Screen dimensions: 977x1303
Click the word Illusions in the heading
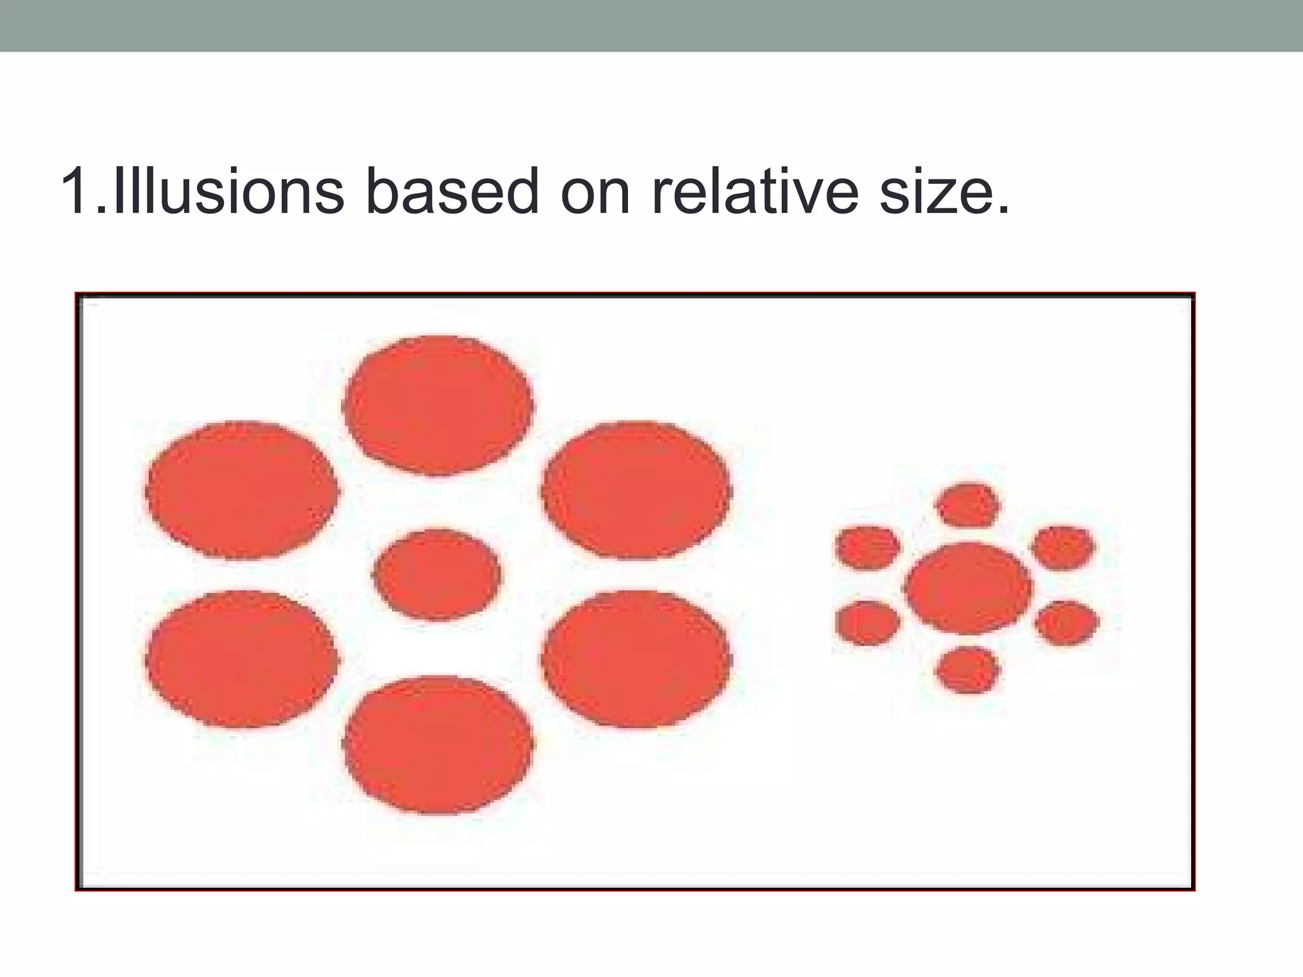[226, 191]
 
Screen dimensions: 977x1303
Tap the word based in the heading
[452, 191]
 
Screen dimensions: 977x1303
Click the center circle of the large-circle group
[437, 574]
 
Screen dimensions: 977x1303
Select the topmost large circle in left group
[438, 405]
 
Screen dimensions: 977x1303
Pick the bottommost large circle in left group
[438, 744]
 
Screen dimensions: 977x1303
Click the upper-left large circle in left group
[242, 490]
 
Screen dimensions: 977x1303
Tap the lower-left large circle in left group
[241, 659]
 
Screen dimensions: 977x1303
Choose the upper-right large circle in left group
[636, 490]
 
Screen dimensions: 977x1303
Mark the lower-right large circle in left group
[636, 659]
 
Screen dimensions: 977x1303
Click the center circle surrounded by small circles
[968, 588]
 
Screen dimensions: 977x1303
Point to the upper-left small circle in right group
[868, 547]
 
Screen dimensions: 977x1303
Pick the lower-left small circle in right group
[868, 623]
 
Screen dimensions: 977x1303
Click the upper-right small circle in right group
[1063, 548]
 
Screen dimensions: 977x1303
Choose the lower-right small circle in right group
[1066, 623]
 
